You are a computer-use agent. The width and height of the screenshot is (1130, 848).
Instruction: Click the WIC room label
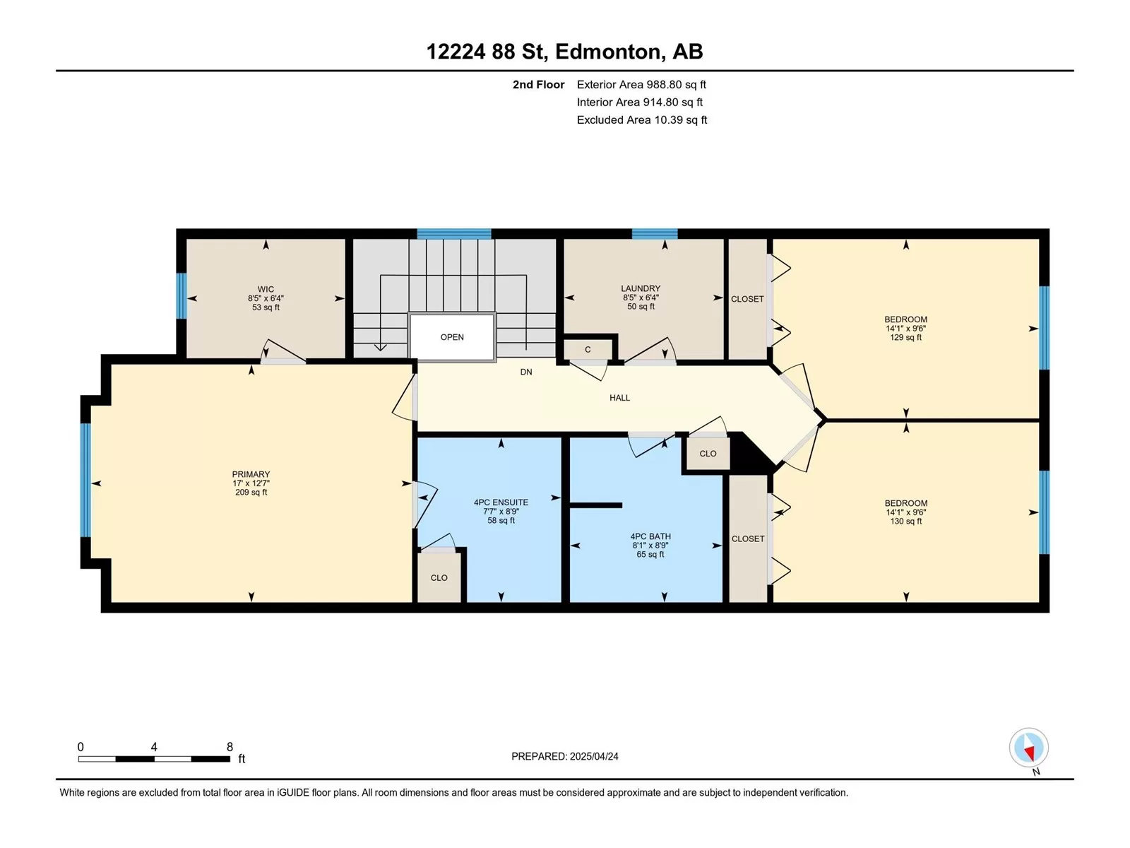tap(266, 289)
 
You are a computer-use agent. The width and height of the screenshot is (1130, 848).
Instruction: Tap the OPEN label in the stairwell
tap(452, 337)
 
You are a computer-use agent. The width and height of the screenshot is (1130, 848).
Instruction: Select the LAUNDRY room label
tap(641, 288)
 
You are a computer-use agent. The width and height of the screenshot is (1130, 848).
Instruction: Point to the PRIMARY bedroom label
tap(251, 474)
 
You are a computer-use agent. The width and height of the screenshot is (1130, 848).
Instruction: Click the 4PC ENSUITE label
tap(501, 502)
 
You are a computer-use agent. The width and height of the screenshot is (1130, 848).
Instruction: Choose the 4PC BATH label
tap(650, 536)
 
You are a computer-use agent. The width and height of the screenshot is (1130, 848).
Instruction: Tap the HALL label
tap(620, 398)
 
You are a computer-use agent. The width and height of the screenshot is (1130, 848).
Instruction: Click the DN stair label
tap(526, 372)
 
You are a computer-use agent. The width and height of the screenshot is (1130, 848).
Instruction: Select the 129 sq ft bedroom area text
tap(906, 338)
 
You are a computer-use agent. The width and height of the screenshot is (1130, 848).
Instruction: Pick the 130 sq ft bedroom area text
tap(906, 522)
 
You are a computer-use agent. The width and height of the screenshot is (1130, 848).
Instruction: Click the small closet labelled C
tap(588, 350)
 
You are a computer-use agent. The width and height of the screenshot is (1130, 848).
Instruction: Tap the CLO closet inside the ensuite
tap(439, 577)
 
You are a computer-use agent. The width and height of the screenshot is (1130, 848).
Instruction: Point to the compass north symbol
tap(1028, 748)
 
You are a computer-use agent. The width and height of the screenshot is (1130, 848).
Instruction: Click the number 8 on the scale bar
tap(230, 747)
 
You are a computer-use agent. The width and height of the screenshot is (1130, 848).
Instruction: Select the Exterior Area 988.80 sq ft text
tap(641, 85)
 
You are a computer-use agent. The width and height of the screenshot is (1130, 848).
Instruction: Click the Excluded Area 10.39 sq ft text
tap(642, 120)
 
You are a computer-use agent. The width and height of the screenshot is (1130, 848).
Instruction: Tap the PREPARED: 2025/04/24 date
tap(565, 756)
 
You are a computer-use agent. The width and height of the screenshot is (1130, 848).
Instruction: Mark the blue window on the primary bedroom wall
tap(85, 480)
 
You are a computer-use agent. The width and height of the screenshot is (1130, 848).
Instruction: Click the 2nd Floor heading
tap(538, 85)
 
